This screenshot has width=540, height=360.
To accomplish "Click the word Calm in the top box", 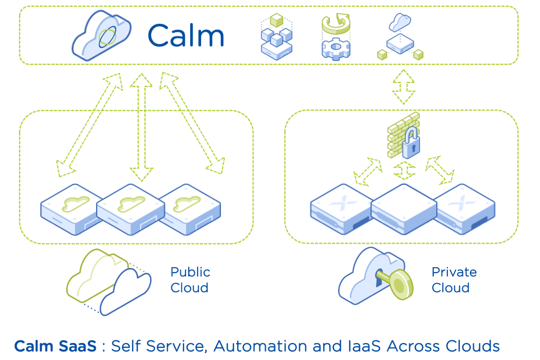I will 186,36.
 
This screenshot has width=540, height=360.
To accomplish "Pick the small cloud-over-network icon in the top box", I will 400,36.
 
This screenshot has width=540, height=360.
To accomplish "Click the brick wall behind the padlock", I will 397,134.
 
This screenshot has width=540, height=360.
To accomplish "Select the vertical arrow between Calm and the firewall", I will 403,87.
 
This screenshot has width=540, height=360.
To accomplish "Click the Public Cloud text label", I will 190,280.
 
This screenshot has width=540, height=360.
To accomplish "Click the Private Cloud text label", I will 454,280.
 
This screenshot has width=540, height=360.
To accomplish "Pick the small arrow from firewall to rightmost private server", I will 440,170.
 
